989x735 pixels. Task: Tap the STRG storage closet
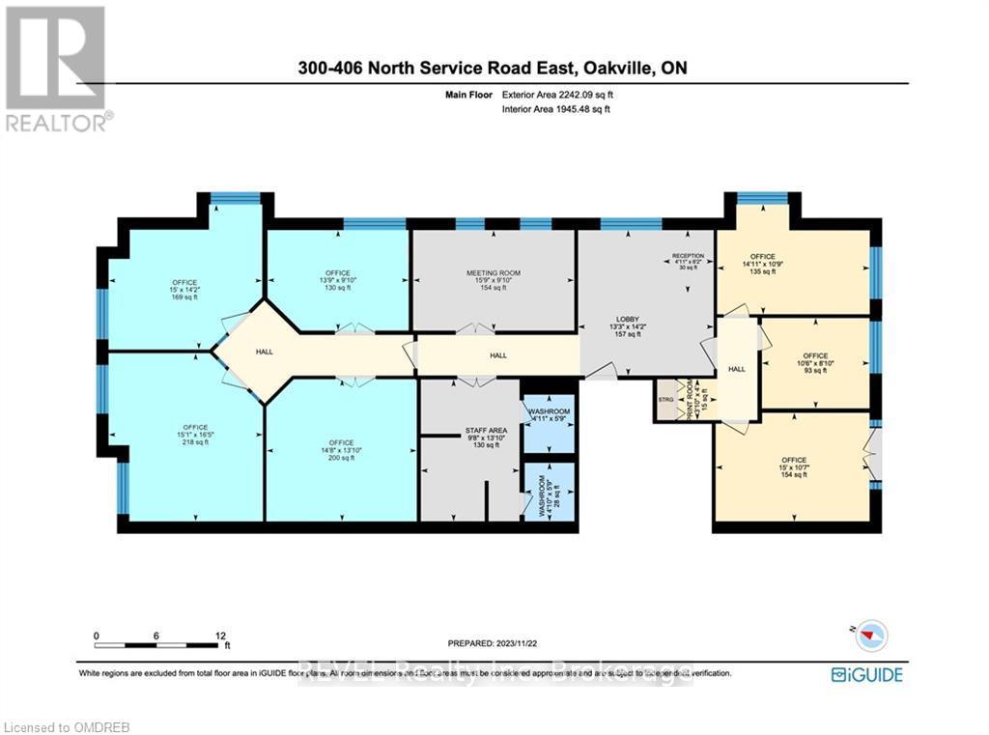point(665,399)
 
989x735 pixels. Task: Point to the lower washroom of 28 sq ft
point(548,496)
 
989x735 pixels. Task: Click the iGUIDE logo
point(867,674)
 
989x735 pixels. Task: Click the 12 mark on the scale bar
point(221,636)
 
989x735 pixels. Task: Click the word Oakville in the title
point(625,68)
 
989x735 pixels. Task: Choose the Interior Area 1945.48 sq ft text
point(556,110)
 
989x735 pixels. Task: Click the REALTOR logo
point(56,69)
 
